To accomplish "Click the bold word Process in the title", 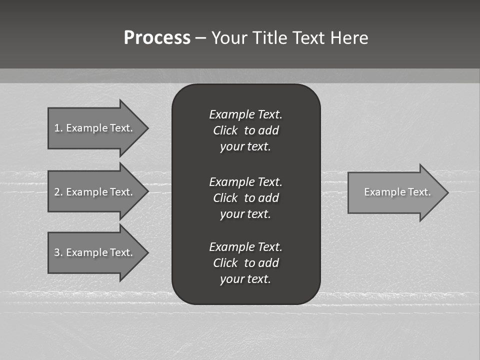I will click(x=157, y=38).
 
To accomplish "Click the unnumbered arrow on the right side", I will click(x=397, y=192).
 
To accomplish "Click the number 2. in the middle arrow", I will click(x=58, y=192).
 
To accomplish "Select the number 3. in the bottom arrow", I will click(x=58, y=252).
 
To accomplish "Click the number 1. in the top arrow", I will click(x=58, y=128).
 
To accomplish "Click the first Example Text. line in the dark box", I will click(x=245, y=114).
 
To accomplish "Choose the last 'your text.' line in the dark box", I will click(x=245, y=279).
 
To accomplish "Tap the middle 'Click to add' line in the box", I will click(x=245, y=198).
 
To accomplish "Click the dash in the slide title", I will click(x=200, y=38).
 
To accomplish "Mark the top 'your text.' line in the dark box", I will click(x=245, y=146).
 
